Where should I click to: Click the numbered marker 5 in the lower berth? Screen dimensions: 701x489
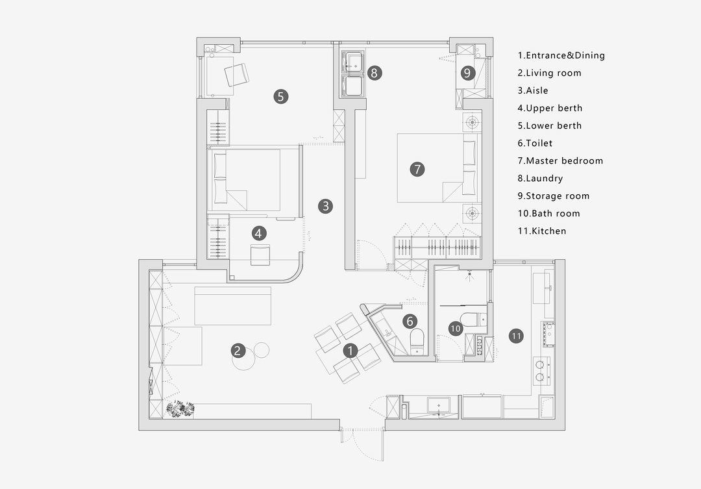[x=281, y=96]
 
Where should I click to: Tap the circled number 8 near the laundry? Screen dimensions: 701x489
[x=375, y=73]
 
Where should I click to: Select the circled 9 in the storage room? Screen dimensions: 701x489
[x=467, y=73]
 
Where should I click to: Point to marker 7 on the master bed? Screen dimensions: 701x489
[x=417, y=169]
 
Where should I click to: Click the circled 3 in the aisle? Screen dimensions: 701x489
[x=325, y=207]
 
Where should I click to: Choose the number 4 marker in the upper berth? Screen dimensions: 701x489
[x=259, y=233]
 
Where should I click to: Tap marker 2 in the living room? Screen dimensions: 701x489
[x=238, y=350]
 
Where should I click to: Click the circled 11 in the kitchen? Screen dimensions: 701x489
[x=517, y=336]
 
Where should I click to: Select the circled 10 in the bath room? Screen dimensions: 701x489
[x=456, y=329]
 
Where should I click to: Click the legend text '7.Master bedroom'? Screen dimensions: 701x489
[x=560, y=160]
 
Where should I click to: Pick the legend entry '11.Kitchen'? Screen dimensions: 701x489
[x=542, y=231]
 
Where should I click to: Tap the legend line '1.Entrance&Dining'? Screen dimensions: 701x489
[x=561, y=55]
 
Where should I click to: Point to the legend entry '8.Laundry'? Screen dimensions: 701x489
[x=540, y=178]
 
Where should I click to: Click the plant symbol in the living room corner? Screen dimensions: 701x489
[x=180, y=408]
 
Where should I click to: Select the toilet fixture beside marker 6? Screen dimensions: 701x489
[x=417, y=342]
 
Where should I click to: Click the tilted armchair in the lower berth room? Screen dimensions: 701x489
[x=236, y=74]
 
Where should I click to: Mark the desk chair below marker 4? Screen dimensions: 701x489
[x=260, y=255]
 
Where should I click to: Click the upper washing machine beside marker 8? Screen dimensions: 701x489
[x=353, y=62]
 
